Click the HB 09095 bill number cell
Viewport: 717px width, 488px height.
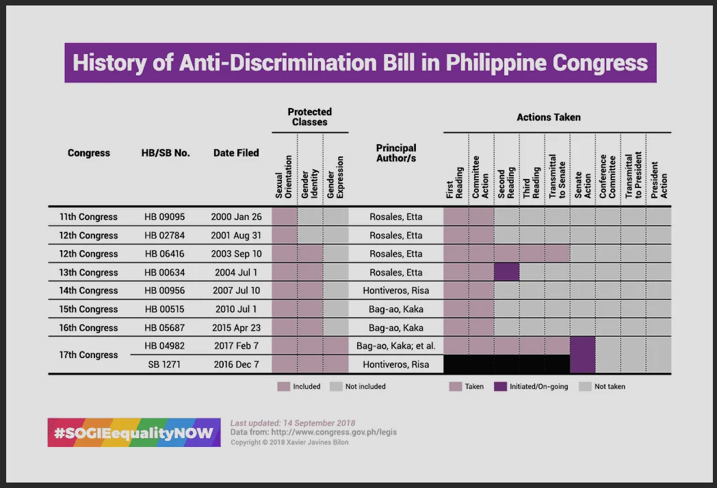pos(165,217)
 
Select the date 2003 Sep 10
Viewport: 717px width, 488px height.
pos(236,254)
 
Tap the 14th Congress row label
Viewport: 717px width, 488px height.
pos(88,290)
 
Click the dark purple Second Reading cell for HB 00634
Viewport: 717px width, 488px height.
pos(507,272)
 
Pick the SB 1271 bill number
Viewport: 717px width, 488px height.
pos(164,364)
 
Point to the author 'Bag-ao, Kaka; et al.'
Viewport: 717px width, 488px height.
pos(396,346)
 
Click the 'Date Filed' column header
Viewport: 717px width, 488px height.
pos(236,152)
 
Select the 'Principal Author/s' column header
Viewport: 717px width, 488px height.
pos(396,153)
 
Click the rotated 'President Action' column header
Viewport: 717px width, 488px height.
pos(659,180)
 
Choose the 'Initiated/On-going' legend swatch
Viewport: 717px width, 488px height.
pos(500,387)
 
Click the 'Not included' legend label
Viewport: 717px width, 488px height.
pos(365,387)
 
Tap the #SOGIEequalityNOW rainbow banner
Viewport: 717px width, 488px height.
pos(134,432)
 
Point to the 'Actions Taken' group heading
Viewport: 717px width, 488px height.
pos(549,118)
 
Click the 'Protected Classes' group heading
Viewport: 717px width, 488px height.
pos(309,117)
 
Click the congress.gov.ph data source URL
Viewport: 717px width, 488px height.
pos(334,432)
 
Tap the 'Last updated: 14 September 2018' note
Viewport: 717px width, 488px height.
pos(293,423)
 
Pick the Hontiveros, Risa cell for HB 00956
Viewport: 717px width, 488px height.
pos(396,290)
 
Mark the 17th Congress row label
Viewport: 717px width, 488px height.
pos(88,355)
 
